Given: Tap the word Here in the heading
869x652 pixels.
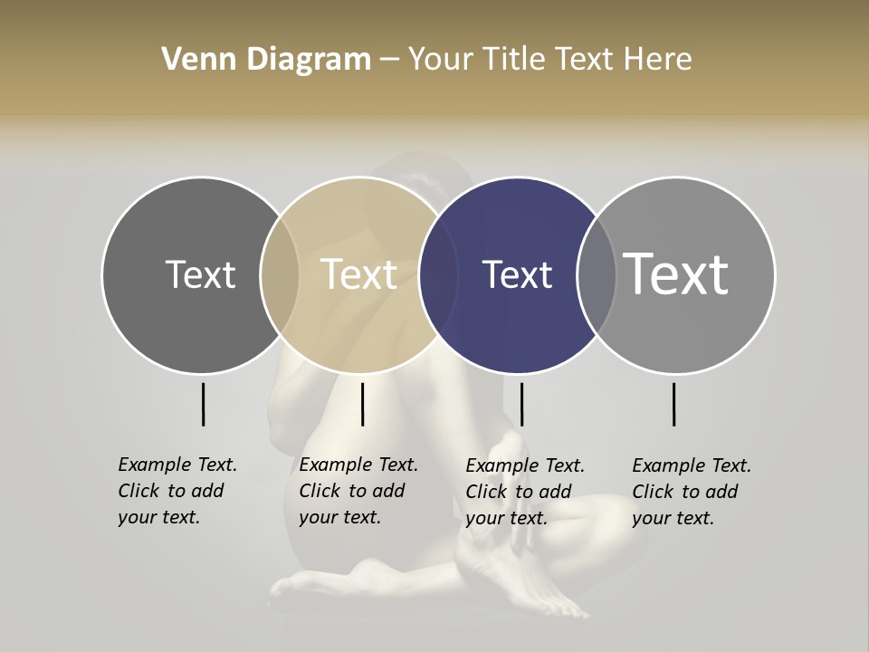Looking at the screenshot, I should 659,60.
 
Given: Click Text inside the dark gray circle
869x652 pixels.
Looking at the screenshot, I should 200,274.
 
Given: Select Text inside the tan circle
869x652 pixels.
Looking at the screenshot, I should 359,274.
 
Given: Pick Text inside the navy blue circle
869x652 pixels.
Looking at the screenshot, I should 518,274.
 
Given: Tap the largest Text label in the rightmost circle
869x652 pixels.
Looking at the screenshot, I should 676,274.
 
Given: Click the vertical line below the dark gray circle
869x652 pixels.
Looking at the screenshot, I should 203,404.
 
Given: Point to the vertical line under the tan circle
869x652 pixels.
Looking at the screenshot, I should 362,404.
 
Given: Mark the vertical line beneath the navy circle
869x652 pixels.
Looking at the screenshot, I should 521,404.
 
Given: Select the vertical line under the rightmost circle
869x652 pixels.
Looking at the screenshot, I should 673,404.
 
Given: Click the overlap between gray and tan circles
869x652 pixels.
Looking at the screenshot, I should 280,274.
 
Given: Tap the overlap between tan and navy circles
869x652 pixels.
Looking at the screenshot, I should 439,274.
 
